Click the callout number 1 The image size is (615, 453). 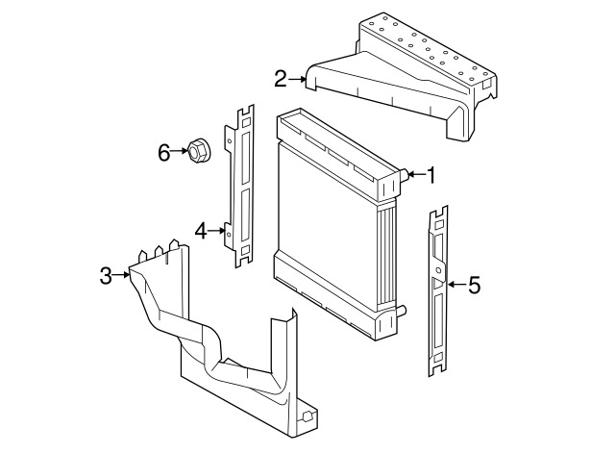coord(431,175)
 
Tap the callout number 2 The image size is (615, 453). coord(280,79)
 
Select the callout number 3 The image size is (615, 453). coord(106,276)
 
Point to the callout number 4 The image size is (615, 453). coord(201,230)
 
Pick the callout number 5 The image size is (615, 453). coord(473,285)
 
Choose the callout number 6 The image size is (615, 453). coord(163,152)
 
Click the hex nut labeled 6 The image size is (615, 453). coord(198,151)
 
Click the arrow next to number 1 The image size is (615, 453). coord(413,175)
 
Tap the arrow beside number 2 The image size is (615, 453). coord(297,79)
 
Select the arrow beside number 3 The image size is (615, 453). coord(123,276)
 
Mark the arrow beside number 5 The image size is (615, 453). coord(454,285)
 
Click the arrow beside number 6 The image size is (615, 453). coord(180,152)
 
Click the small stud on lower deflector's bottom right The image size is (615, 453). coord(308,418)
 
